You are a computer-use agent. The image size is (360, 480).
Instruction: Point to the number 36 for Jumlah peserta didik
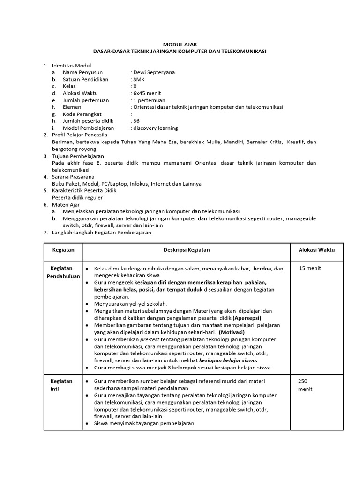pyautogui.click(x=136, y=121)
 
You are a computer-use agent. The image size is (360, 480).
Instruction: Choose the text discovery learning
pyautogui.click(x=156, y=128)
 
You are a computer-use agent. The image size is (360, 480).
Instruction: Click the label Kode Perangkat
pyautogui.click(x=82, y=114)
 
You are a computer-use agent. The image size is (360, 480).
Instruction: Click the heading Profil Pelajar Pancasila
pyautogui.click(x=80, y=135)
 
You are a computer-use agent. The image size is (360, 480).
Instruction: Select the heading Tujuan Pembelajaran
pyautogui.click(x=78, y=156)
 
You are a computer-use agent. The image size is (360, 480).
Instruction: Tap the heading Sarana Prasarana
pyautogui.click(x=73, y=177)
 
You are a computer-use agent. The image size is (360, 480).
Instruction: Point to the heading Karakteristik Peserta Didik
pyautogui.click(x=84, y=191)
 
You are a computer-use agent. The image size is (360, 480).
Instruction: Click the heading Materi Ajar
pyautogui.click(x=66, y=205)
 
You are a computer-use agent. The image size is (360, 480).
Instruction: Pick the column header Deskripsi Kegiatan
pyautogui.click(x=186, y=250)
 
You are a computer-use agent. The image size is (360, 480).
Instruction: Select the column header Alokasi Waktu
pyautogui.click(x=316, y=250)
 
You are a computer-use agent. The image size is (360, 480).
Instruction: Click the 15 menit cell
pyautogui.click(x=310, y=268)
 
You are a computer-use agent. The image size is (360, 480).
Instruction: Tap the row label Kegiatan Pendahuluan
pyautogui.click(x=63, y=272)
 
